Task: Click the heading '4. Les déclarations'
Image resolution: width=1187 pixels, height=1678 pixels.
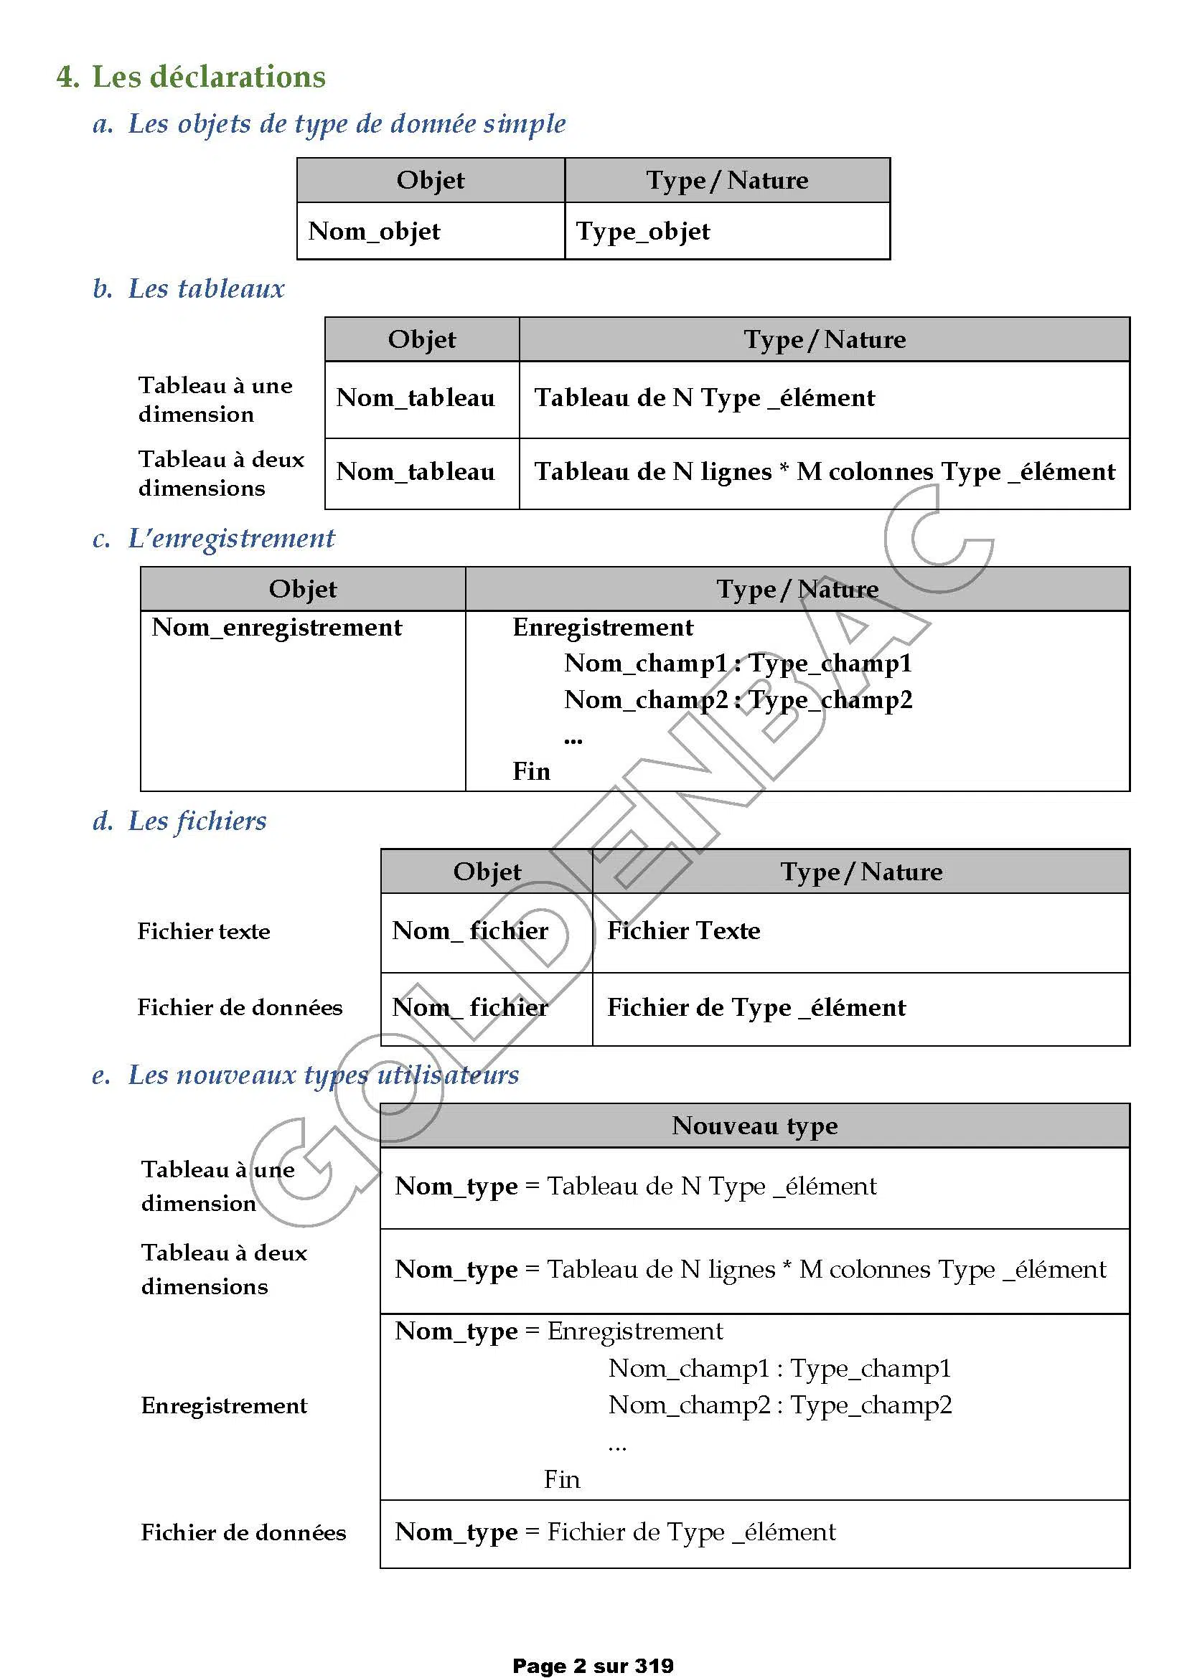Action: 192,77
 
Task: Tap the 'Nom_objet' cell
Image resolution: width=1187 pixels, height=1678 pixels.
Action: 374,231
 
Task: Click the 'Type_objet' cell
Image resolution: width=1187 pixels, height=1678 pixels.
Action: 643,231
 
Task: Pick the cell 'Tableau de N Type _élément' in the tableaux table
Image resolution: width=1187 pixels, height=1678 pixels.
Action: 705,397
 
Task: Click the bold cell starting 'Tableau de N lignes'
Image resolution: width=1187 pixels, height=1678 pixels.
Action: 825,471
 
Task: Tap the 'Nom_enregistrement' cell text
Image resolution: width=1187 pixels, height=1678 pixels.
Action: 277,627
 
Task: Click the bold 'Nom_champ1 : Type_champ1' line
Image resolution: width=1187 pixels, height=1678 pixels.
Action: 738,663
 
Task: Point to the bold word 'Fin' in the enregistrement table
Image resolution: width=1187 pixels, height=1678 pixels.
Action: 531,771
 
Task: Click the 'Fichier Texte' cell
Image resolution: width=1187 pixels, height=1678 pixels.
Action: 684,930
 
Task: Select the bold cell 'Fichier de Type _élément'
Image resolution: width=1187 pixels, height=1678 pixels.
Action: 756,1007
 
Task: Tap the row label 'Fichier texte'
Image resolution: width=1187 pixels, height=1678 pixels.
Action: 204,931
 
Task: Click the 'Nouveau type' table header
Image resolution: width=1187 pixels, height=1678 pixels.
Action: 755,1126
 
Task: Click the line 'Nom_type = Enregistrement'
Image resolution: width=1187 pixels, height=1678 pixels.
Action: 559,1331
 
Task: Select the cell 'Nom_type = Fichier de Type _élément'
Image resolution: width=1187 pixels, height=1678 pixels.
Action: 616,1532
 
